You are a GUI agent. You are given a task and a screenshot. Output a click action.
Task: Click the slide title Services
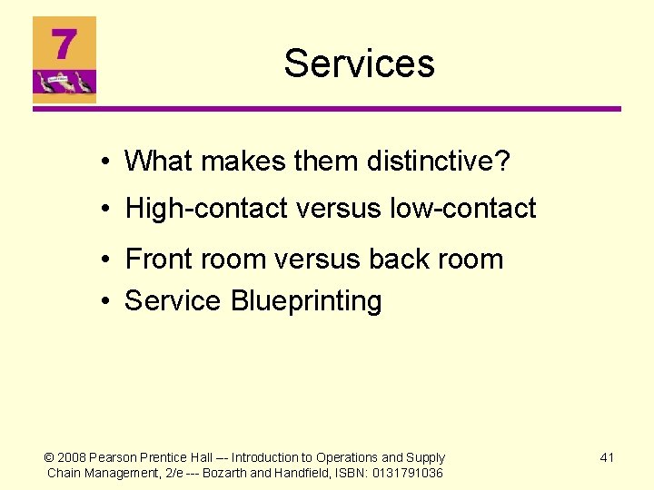359,64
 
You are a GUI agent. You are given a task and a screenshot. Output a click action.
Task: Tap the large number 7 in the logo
63,44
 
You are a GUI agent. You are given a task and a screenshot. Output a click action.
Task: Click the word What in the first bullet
160,162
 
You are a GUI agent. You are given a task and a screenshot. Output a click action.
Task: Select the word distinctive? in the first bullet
439,162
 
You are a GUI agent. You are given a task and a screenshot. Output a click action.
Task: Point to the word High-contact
208,209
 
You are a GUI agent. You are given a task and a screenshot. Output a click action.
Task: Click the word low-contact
462,209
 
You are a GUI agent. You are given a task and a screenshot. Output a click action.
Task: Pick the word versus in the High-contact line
339,209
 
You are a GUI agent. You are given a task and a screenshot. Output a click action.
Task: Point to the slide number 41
607,457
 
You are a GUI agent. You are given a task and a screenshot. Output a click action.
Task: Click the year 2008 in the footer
73,457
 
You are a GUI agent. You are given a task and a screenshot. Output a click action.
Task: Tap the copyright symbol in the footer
50,457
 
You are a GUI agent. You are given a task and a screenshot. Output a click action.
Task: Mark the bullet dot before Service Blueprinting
106,301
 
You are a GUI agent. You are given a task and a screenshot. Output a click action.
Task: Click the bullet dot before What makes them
106,162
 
